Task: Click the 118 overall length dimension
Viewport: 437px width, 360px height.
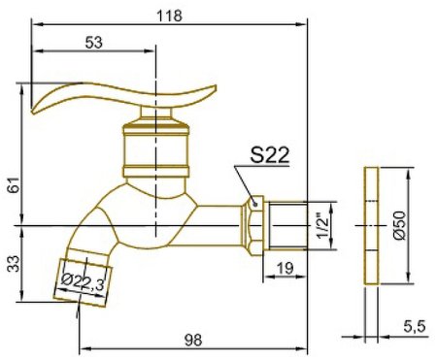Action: click(169, 16)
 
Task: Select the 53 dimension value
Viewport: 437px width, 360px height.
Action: click(93, 43)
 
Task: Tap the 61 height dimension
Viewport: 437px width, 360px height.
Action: click(14, 185)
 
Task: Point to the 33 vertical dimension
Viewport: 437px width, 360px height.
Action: click(14, 264)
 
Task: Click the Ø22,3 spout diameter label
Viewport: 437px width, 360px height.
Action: click(83, 282)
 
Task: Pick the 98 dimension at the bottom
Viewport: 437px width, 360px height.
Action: click(193, 340)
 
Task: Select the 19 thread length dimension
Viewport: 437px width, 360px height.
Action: click(286, 268)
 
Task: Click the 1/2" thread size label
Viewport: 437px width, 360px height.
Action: click(322, 225)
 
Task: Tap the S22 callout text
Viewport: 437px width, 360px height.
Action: click(269, 155)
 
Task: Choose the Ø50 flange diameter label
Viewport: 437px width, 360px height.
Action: click(399, 225)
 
